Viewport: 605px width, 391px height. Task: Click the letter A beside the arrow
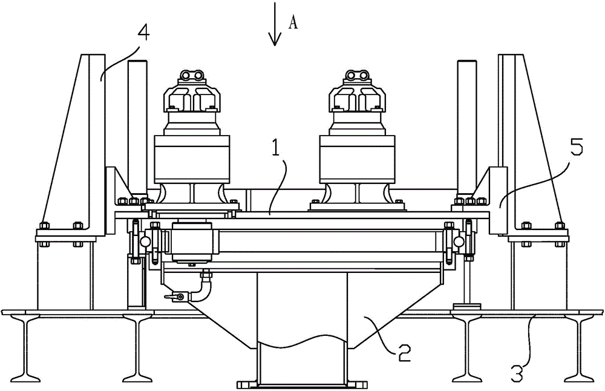pyautogui.click(x=293, y=24)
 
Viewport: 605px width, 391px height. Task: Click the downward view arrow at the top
pyautogui.click(x=275, y=24)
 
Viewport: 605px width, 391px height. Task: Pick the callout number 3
pyautogui.click(x=518, y=374)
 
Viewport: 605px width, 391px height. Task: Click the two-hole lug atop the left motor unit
pyautogui.click(x=192, y=76)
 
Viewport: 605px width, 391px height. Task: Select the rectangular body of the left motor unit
pyautogui.click(x=192, y=159)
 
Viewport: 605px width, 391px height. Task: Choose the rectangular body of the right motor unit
pyautogui.click(x=358, y=159)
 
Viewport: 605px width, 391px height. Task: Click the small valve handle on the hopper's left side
pyautogui.click(x=174, y=297)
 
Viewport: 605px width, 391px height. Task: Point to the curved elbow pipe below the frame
pyautogui.click(x=205, y=285)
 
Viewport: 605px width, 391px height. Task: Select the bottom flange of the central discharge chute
pyautogui.click(x=302, y=385)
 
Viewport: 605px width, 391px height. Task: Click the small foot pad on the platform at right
pyautogui.click(x=466, y=307)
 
